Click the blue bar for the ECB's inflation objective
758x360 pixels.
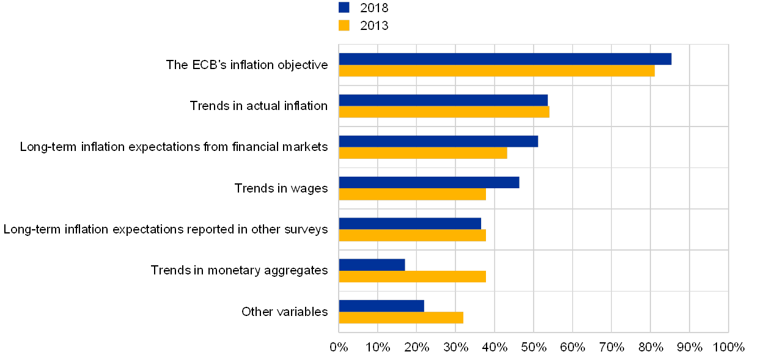point(505,59)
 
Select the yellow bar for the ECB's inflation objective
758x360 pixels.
point(497,71)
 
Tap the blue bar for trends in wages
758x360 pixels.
point(429,182)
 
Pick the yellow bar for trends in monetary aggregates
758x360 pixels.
point(413,276)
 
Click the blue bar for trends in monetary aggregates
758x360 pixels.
point(372,265)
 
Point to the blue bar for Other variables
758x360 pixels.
point(381,306)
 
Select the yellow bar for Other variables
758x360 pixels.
point(401,318)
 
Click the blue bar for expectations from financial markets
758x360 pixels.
point(438,141)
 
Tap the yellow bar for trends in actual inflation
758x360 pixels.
point(444,112)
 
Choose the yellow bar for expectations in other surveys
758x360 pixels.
point(413,235)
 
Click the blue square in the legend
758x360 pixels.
point(344,7)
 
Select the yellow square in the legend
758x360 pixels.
point(344,25)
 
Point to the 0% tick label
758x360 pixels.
point(339,347)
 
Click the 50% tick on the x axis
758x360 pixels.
point(534,347)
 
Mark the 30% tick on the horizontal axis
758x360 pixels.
point(455,347)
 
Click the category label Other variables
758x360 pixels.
point(285,312)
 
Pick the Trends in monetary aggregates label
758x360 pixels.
point(244,270)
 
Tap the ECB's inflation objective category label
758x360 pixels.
point(252,65)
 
